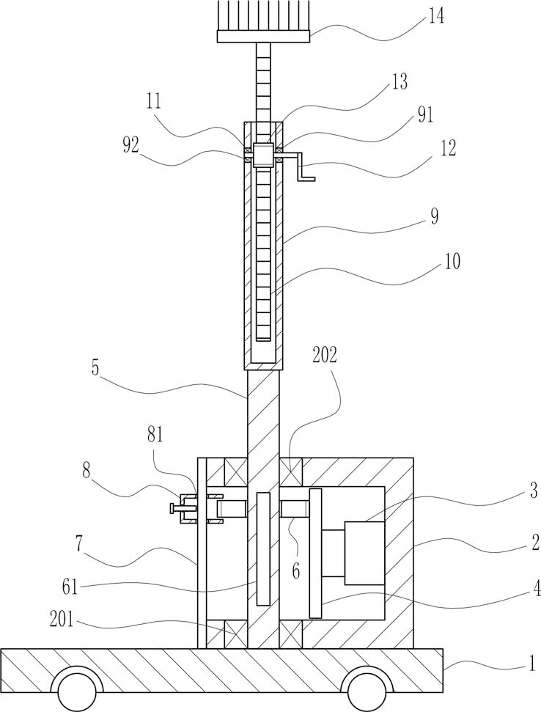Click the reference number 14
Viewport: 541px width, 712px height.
coord(435,16)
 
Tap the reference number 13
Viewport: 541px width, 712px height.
coord(399,82)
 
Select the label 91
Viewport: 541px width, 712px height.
coord(425,115)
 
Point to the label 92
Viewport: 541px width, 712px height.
coord(130,147)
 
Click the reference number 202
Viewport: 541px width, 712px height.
coord(325,356)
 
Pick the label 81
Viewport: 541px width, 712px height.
coord(155,436)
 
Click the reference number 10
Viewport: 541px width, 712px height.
coord(452,261)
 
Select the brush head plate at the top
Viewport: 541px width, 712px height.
coord(263,37)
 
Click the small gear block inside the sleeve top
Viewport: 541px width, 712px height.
coord(263,155)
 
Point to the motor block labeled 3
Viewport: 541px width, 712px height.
coord(365,553)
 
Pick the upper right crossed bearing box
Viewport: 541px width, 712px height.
coord(291,471)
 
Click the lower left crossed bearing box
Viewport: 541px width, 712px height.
coord(236,634)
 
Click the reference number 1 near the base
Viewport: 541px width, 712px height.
coord(529,513)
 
